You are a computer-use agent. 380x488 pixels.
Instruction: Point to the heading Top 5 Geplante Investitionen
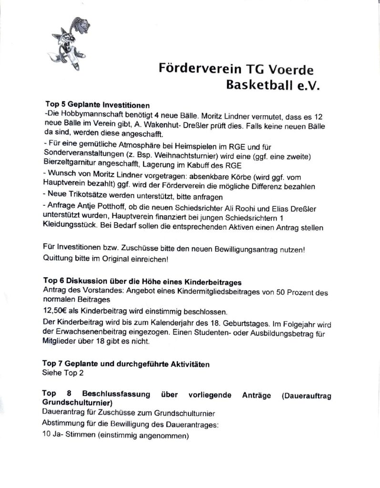click(x=97, y=104)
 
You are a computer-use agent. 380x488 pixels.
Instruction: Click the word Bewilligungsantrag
click(x=251, y=249)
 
